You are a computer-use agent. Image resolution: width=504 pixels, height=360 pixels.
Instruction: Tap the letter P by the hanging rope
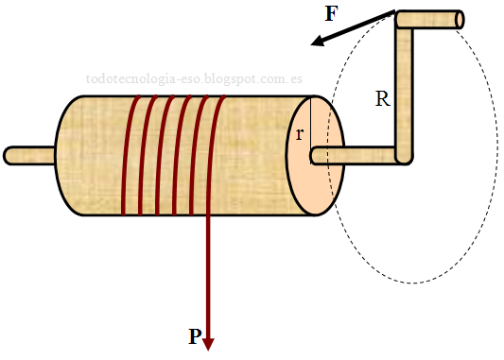(194, 337)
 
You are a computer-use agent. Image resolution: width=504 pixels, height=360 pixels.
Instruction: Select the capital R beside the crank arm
(382, 98)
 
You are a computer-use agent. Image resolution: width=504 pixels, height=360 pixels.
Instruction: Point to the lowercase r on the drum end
(300, 134)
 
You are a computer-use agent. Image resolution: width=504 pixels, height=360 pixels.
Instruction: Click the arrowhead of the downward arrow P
(209, 344)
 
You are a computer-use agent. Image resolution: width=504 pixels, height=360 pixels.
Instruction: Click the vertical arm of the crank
(404, 90)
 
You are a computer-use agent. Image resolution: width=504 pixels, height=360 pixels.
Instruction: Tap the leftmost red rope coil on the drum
(126, 156)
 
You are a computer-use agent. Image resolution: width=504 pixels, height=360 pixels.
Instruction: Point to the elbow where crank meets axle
(404, 156)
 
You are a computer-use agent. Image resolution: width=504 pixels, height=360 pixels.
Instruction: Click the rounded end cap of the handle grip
(460, 19)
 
